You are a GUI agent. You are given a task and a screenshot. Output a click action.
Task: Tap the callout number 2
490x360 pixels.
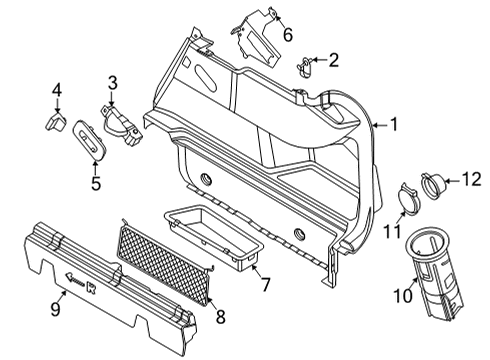334,59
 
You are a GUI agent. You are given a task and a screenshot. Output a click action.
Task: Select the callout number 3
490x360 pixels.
114,82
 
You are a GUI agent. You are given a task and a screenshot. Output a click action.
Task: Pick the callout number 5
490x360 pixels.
96,183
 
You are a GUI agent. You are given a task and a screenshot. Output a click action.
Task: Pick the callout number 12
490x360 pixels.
470,180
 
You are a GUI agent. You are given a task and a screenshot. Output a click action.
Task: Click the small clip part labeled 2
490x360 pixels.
308,67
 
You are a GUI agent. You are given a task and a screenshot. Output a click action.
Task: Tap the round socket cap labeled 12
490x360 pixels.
437,184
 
